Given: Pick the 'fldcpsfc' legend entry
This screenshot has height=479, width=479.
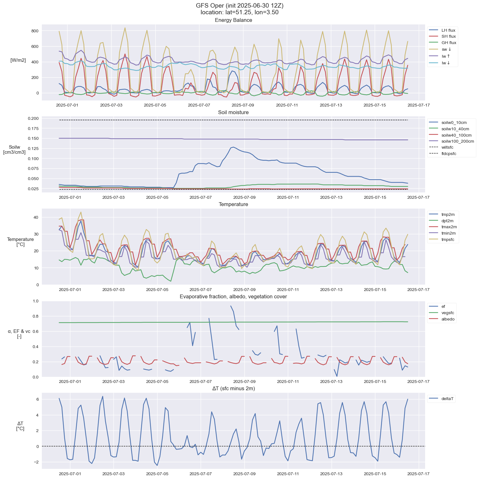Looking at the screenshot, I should [x=449, y=154].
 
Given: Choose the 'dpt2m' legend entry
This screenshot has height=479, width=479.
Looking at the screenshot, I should [x=447, y=221].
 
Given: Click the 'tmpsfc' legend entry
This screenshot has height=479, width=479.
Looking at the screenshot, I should [x=448, y=240].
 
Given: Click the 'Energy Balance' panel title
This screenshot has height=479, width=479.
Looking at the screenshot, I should [x=233, y=20].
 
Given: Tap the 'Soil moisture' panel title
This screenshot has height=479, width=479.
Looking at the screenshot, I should [x=233, y=113].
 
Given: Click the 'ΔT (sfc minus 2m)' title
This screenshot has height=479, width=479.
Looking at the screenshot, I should [x=233, y=389].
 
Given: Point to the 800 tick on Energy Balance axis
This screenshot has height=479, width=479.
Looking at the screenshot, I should [x=35, y=31].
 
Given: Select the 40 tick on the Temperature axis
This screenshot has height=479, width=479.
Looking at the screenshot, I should [x=36, y=217].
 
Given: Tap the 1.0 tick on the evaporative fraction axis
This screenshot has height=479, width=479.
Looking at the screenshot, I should [x=36, y=301].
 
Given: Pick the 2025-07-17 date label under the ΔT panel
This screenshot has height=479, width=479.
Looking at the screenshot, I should [x=418, y=474].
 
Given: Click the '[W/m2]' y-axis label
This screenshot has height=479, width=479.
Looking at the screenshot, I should [x=18, y=60].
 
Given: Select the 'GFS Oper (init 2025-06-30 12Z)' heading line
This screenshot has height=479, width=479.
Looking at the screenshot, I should [x=239, y=6].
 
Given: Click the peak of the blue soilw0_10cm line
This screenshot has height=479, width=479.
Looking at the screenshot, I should [x=234, y=147].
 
